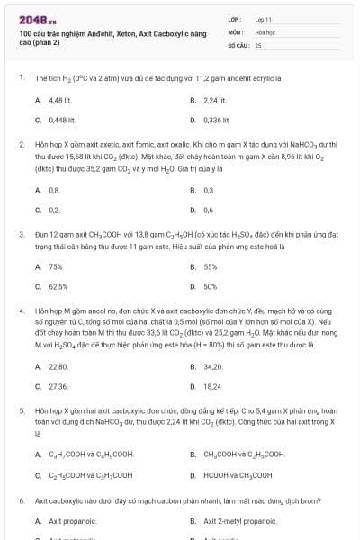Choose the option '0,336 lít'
click(x=217, y=119)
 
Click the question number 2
click(x=21, y=144)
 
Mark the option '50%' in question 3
click(x=211, y=286)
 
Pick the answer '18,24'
click(x=212, y=385)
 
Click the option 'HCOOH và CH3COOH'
click(x=238, y=474)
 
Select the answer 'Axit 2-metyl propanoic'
click(x=240, y=521)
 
